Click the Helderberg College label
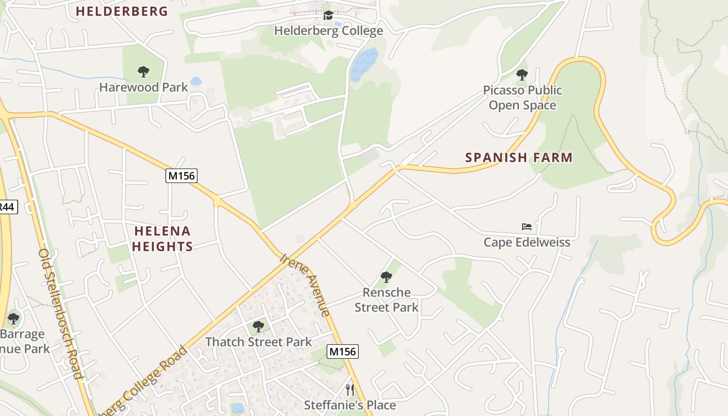tap(329, 31)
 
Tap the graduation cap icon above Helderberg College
tap(328, 16)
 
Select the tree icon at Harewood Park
tap(143, 72)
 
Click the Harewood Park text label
tap(144, 87)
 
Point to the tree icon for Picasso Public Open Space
tap(522, 75)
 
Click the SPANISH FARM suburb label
tap(518, 157)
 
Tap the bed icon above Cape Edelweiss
tap(527, 227)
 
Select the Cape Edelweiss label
tap(527, 242)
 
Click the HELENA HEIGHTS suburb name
tap(162, 239)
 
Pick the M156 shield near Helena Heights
tap(181, 176)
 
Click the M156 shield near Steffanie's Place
tap(343, 352)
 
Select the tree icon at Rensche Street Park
tap(386, 277)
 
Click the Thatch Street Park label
tap(258, 342)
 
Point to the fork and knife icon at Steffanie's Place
tap(350, 389)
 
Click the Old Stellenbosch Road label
tap(60, 314)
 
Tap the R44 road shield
tap(7, 207)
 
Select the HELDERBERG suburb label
tap(122, 11)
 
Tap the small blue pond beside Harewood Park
tap(196, 81)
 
